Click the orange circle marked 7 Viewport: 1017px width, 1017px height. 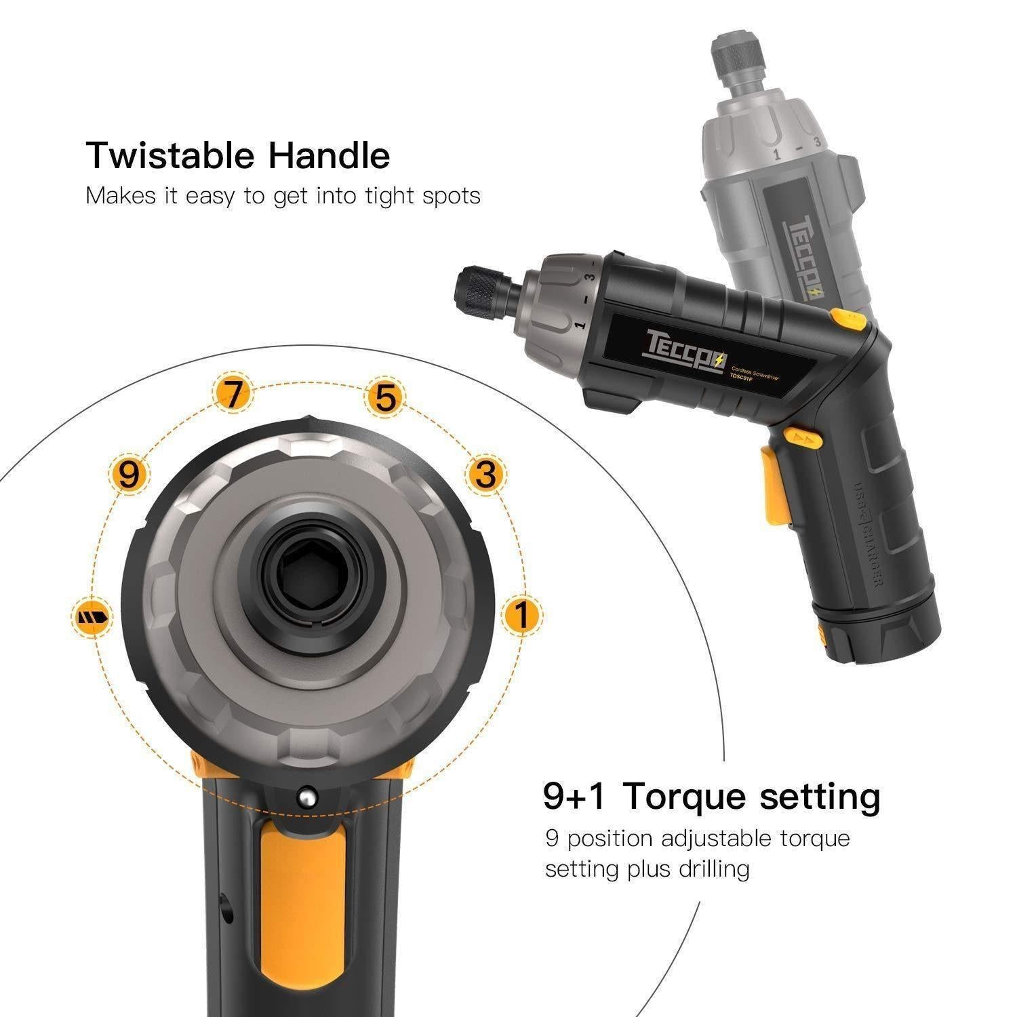coord(233,395)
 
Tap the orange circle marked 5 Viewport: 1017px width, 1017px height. coord(385,398)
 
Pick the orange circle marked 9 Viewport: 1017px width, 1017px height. coord(129,475)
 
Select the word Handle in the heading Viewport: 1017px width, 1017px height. coord(330,156)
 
